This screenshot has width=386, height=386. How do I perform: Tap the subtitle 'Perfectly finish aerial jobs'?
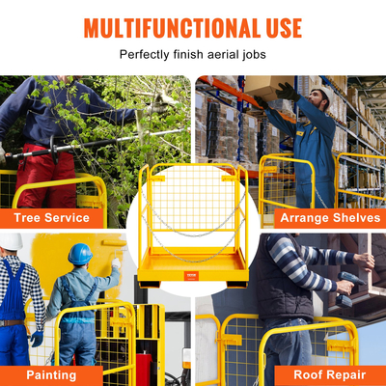(x=193, y=55)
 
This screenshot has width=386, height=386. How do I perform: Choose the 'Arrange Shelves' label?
(x=330, y=218)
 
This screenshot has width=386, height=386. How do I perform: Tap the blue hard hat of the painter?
(x=79, y=254)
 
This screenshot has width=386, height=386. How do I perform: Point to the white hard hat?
(x=11, y=241)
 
